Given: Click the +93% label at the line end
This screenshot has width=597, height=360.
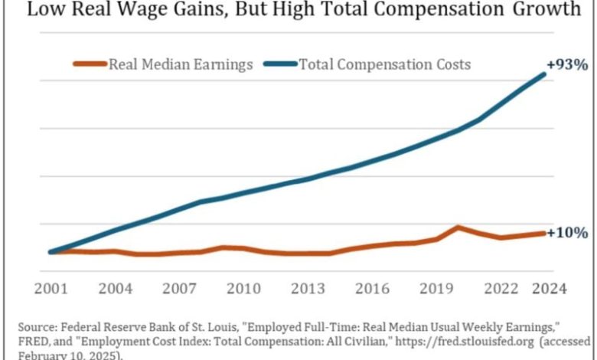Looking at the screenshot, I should pyautogui.click(x=567, y=64).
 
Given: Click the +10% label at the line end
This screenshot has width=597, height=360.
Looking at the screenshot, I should pyautogui.click(x=567, y=232).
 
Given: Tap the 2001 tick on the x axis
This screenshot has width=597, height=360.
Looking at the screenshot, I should pyautogui.click(x=51, y=289).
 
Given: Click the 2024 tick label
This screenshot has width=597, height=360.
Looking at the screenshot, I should pyautogui.click(x=549, y=289).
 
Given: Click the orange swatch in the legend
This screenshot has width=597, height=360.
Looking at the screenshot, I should pyautogui.click(x=90, y=64).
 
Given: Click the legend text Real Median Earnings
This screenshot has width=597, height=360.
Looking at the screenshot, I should pyautogui.click(x=181, y=64).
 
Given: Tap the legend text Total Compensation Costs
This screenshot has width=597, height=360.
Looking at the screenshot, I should pyautogui.click(x=385, y=64).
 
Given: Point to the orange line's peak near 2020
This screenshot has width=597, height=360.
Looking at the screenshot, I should pyautogui.click(x=457, y=227).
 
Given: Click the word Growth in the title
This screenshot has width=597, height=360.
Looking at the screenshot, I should pyautogui.click(x=546, y=10).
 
